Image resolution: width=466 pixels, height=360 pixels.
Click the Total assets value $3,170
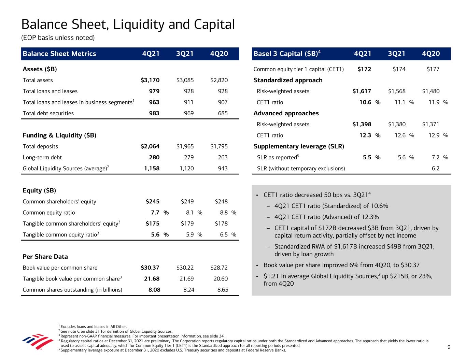point(150,80)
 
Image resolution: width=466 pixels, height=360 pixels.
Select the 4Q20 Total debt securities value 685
point(223,113)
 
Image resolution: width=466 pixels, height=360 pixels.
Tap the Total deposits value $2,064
point(150,146)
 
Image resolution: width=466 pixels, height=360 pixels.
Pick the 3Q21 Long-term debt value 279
point(188,157)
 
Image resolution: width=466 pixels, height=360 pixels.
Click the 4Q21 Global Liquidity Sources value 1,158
point(151,169)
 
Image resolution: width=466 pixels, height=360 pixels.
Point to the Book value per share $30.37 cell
point(150,268)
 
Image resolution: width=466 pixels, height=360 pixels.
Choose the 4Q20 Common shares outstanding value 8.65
point(223,290)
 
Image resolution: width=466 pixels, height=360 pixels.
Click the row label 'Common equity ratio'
point(49,213)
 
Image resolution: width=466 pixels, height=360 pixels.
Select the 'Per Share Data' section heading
point(45,257)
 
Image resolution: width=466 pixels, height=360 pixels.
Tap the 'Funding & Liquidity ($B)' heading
point(59,135)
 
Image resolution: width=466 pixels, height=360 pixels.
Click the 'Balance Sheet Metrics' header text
point(59,54)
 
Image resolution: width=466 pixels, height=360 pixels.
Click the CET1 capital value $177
point(433,69)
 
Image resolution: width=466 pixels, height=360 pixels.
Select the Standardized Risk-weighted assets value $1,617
point(362,91)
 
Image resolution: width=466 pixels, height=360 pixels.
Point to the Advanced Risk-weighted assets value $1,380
point(397,124)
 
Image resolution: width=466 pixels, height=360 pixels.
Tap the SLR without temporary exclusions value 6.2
point(435,169)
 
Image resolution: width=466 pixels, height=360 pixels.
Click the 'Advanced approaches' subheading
point(286,113)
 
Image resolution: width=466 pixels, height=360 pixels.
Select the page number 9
point(449,347)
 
